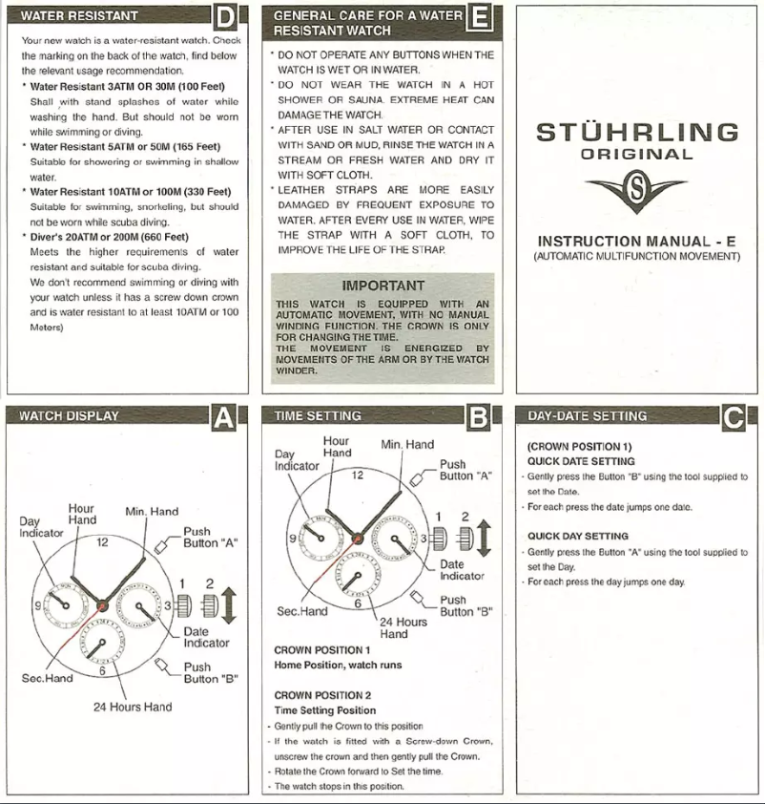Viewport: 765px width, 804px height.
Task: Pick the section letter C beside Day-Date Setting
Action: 734,416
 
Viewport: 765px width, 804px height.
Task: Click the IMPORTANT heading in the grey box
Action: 382,285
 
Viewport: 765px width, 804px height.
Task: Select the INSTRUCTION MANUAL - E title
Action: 637,242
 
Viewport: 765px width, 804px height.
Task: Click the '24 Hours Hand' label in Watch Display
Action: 133,708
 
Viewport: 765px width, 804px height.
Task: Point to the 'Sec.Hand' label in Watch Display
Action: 47,679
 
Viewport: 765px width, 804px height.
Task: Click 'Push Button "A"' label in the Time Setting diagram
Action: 465,471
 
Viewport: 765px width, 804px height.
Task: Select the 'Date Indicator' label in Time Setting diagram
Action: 463,570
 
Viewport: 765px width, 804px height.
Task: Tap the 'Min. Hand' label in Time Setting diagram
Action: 407,444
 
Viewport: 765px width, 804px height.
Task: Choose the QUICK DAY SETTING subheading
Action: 578,536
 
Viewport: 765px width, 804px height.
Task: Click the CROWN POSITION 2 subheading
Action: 322,695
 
